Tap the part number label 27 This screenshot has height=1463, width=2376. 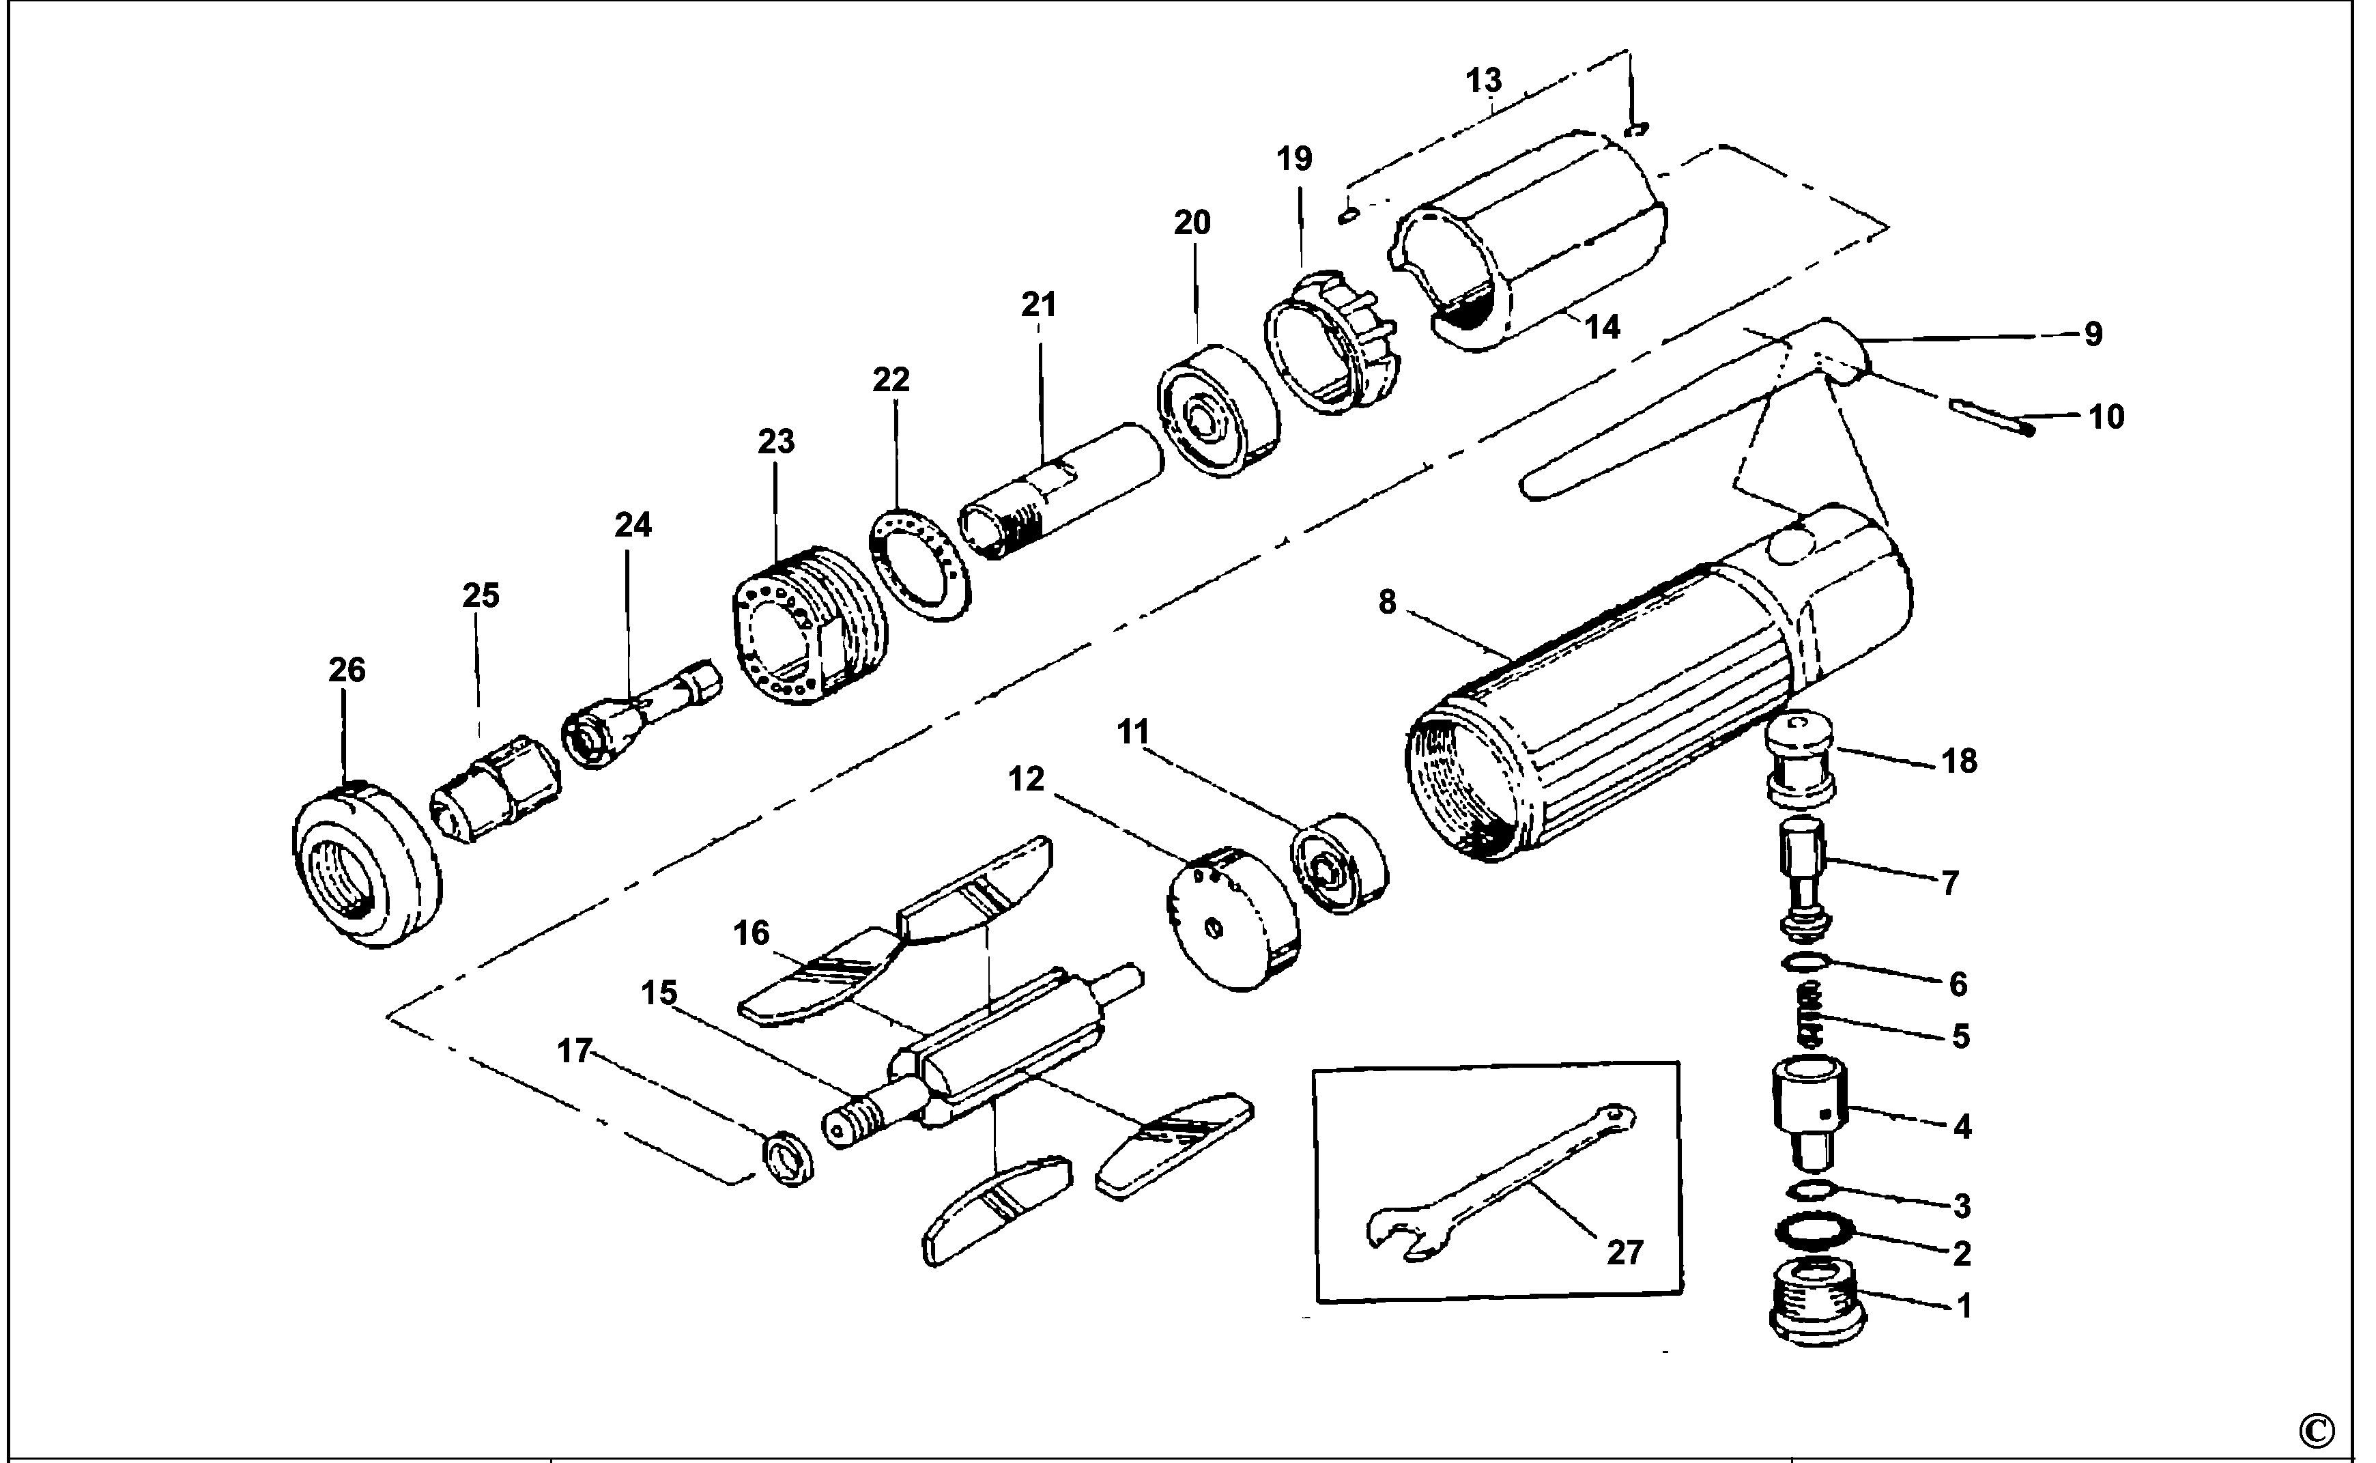[1624, 1253]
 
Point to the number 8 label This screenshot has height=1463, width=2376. [1387, 603]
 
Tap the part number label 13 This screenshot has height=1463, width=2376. [1483, 81]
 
